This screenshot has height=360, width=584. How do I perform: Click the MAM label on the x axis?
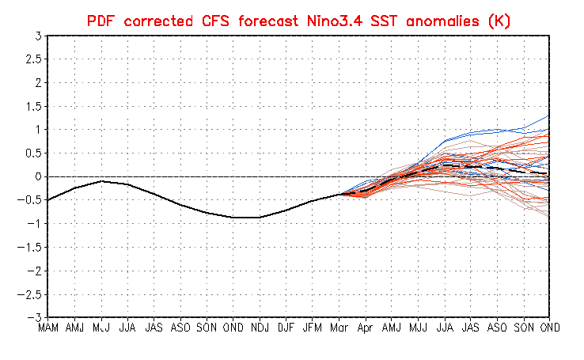48,326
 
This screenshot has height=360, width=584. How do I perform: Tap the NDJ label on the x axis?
259,326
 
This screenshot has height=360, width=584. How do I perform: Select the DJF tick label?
286,326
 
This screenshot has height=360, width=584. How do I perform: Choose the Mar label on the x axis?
339,326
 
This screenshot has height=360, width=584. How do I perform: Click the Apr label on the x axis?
365,326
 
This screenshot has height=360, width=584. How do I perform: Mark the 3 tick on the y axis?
37,36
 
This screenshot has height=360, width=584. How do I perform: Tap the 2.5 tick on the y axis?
32,59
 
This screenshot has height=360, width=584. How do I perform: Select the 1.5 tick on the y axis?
32,106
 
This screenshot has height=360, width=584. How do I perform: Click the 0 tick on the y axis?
37,176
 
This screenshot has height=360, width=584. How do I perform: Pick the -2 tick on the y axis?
34,271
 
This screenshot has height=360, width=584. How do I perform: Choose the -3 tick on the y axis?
34,317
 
